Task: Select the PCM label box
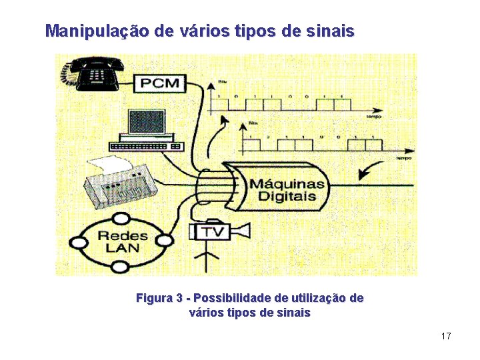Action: [161, 83]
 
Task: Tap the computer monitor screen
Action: [146, 123]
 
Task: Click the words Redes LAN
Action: [123, 241]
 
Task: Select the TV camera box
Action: [212, 231]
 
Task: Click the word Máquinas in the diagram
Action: [287, 183]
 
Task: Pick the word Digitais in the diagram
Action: [287, 197]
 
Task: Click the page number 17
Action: [446, 336]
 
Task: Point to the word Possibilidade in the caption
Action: [231, 298]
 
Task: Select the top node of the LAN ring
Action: [121, 218]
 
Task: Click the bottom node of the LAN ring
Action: [120, 267]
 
